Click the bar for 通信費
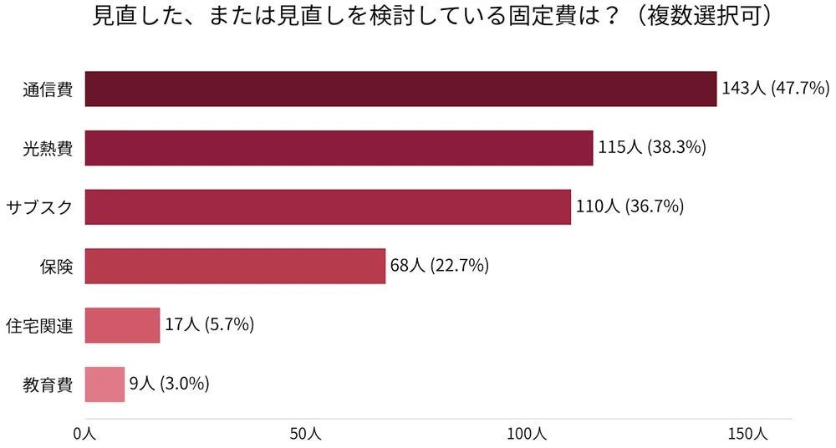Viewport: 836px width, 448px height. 401,89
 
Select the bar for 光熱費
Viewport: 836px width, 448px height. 339,148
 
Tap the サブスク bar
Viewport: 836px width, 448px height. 328,206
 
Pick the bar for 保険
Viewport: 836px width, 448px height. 235,266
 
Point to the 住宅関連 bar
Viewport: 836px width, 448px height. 122,325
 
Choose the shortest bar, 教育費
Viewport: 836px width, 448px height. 104,384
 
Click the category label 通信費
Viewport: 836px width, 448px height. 48,90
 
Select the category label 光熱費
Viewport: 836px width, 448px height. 48,149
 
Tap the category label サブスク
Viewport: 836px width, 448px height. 39,207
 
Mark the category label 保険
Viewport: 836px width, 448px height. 56,267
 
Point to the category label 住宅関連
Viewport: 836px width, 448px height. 39,326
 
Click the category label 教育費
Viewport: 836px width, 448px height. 48,385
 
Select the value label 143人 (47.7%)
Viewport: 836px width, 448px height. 775,89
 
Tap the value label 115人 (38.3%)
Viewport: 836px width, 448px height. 652,148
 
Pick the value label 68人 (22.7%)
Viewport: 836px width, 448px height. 440,266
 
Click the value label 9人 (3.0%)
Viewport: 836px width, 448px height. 169,384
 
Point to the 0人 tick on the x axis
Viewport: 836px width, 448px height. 85,434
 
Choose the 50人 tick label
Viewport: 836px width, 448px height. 305,434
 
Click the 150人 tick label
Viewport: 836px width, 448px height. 747,434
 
